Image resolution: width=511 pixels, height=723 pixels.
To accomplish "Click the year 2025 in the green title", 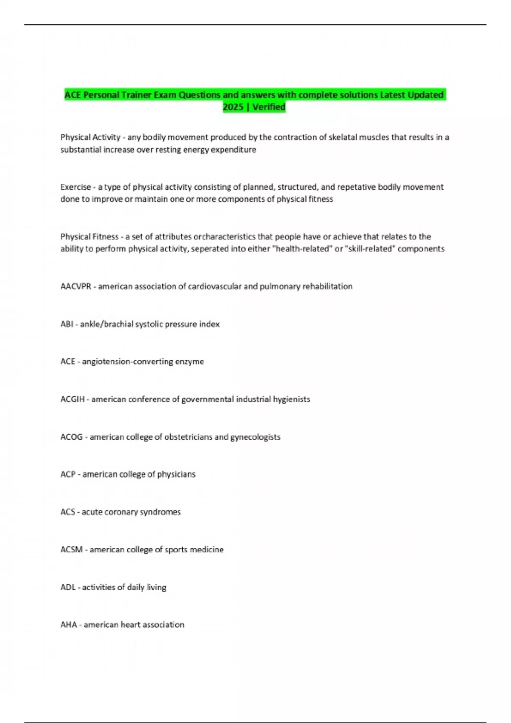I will pos(233,107).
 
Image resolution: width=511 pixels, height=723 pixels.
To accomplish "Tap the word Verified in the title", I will pos(269,107).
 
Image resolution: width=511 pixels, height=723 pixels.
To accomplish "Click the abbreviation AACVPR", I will pos(76,287).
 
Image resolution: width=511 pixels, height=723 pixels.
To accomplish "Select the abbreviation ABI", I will pos(67,324).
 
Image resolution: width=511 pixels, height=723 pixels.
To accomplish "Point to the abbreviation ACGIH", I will pos(72,399).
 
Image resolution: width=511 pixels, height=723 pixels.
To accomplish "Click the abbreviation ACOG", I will pos(72,437).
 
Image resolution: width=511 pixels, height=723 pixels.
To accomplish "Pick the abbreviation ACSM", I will pos(72,550).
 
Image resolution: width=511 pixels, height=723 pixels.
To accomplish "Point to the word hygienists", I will pos(291,399).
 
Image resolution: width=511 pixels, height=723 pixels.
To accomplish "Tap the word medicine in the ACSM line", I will pos(206,550).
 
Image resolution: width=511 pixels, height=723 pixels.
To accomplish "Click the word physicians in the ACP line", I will pos(176,475).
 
